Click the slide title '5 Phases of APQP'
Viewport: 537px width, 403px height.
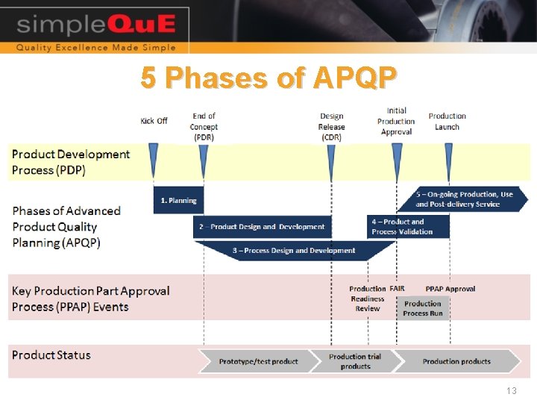pos(269,78)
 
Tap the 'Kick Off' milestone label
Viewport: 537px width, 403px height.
pos(154,121)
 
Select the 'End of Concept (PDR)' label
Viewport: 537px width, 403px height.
pos(204,127)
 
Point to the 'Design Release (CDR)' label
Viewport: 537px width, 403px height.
pos(332,127)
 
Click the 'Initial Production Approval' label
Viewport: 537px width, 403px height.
pos(396,122)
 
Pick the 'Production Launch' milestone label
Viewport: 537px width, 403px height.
pos(447,122)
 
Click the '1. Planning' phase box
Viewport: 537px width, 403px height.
pos(178,201)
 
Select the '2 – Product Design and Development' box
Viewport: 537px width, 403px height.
pos(262,227)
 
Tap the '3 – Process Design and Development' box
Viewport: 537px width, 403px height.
pos(294,251)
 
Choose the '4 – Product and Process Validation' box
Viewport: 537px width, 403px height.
pos(409,227)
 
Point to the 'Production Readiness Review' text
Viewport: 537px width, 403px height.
pos(367,299)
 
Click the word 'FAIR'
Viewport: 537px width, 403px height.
pos(397,289)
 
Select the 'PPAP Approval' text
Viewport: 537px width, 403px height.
pos(450,289)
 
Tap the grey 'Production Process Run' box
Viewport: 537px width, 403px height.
pos(423,308)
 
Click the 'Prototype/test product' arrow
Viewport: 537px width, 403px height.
pos(258,361)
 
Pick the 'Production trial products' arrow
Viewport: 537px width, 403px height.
pos(355,361)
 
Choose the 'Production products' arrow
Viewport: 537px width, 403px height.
pos(456,361)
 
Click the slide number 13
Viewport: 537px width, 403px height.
pos(511,391)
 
